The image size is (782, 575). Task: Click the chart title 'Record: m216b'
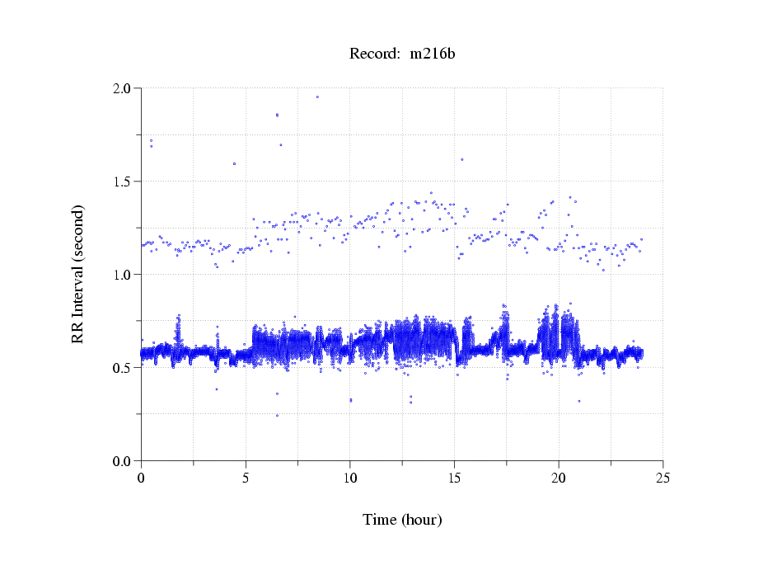(402, 54)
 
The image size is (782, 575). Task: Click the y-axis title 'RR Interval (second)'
(77, 273)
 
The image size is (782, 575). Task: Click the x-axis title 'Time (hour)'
(402, 520)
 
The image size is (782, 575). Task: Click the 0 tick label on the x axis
(142, 478)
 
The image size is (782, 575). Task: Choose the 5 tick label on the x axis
(246, 478)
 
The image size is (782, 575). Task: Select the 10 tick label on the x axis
(350, 478)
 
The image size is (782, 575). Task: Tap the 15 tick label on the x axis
(454, 478)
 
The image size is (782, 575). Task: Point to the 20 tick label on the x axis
(559, 478)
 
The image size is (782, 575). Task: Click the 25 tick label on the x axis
(663, 478)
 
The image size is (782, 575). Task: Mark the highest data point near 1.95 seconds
(317, 97)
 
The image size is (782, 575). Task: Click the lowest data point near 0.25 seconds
(277, 415)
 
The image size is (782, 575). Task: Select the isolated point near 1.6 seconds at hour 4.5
(234, 163)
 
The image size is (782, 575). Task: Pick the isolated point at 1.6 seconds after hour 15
(461, 159)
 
